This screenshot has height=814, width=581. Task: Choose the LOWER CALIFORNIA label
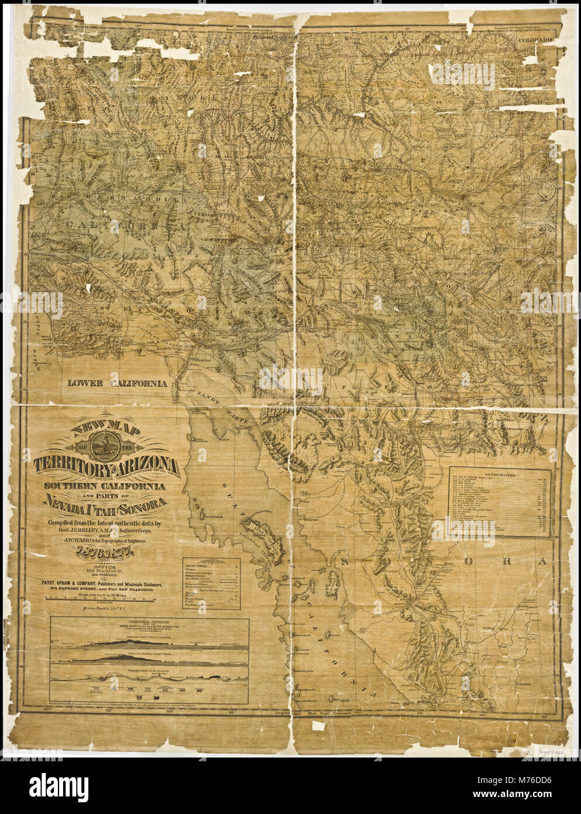117,384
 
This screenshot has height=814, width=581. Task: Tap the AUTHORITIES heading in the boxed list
501,474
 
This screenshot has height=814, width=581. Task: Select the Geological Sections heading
149,621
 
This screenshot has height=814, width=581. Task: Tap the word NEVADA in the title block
66,502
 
